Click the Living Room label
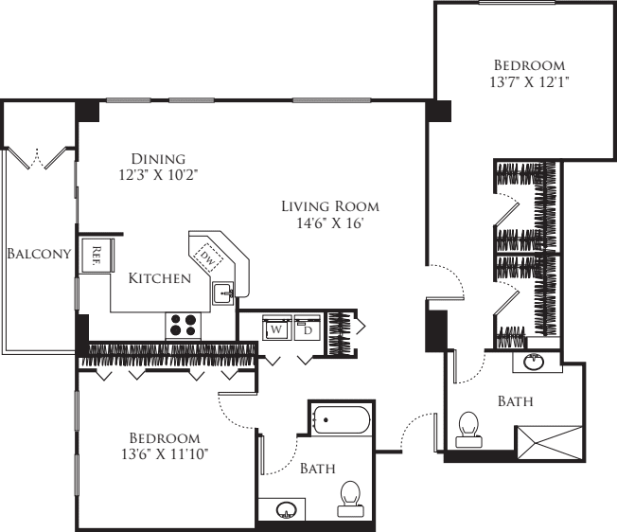tap(330, 205)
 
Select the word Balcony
tap(39, 254)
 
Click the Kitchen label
tap(160, 278)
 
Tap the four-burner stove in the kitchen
tap(185, 325)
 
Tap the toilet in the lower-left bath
tap(350, 495)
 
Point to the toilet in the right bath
tap(467, 428)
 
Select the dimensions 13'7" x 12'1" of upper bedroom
tap(529, 82)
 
